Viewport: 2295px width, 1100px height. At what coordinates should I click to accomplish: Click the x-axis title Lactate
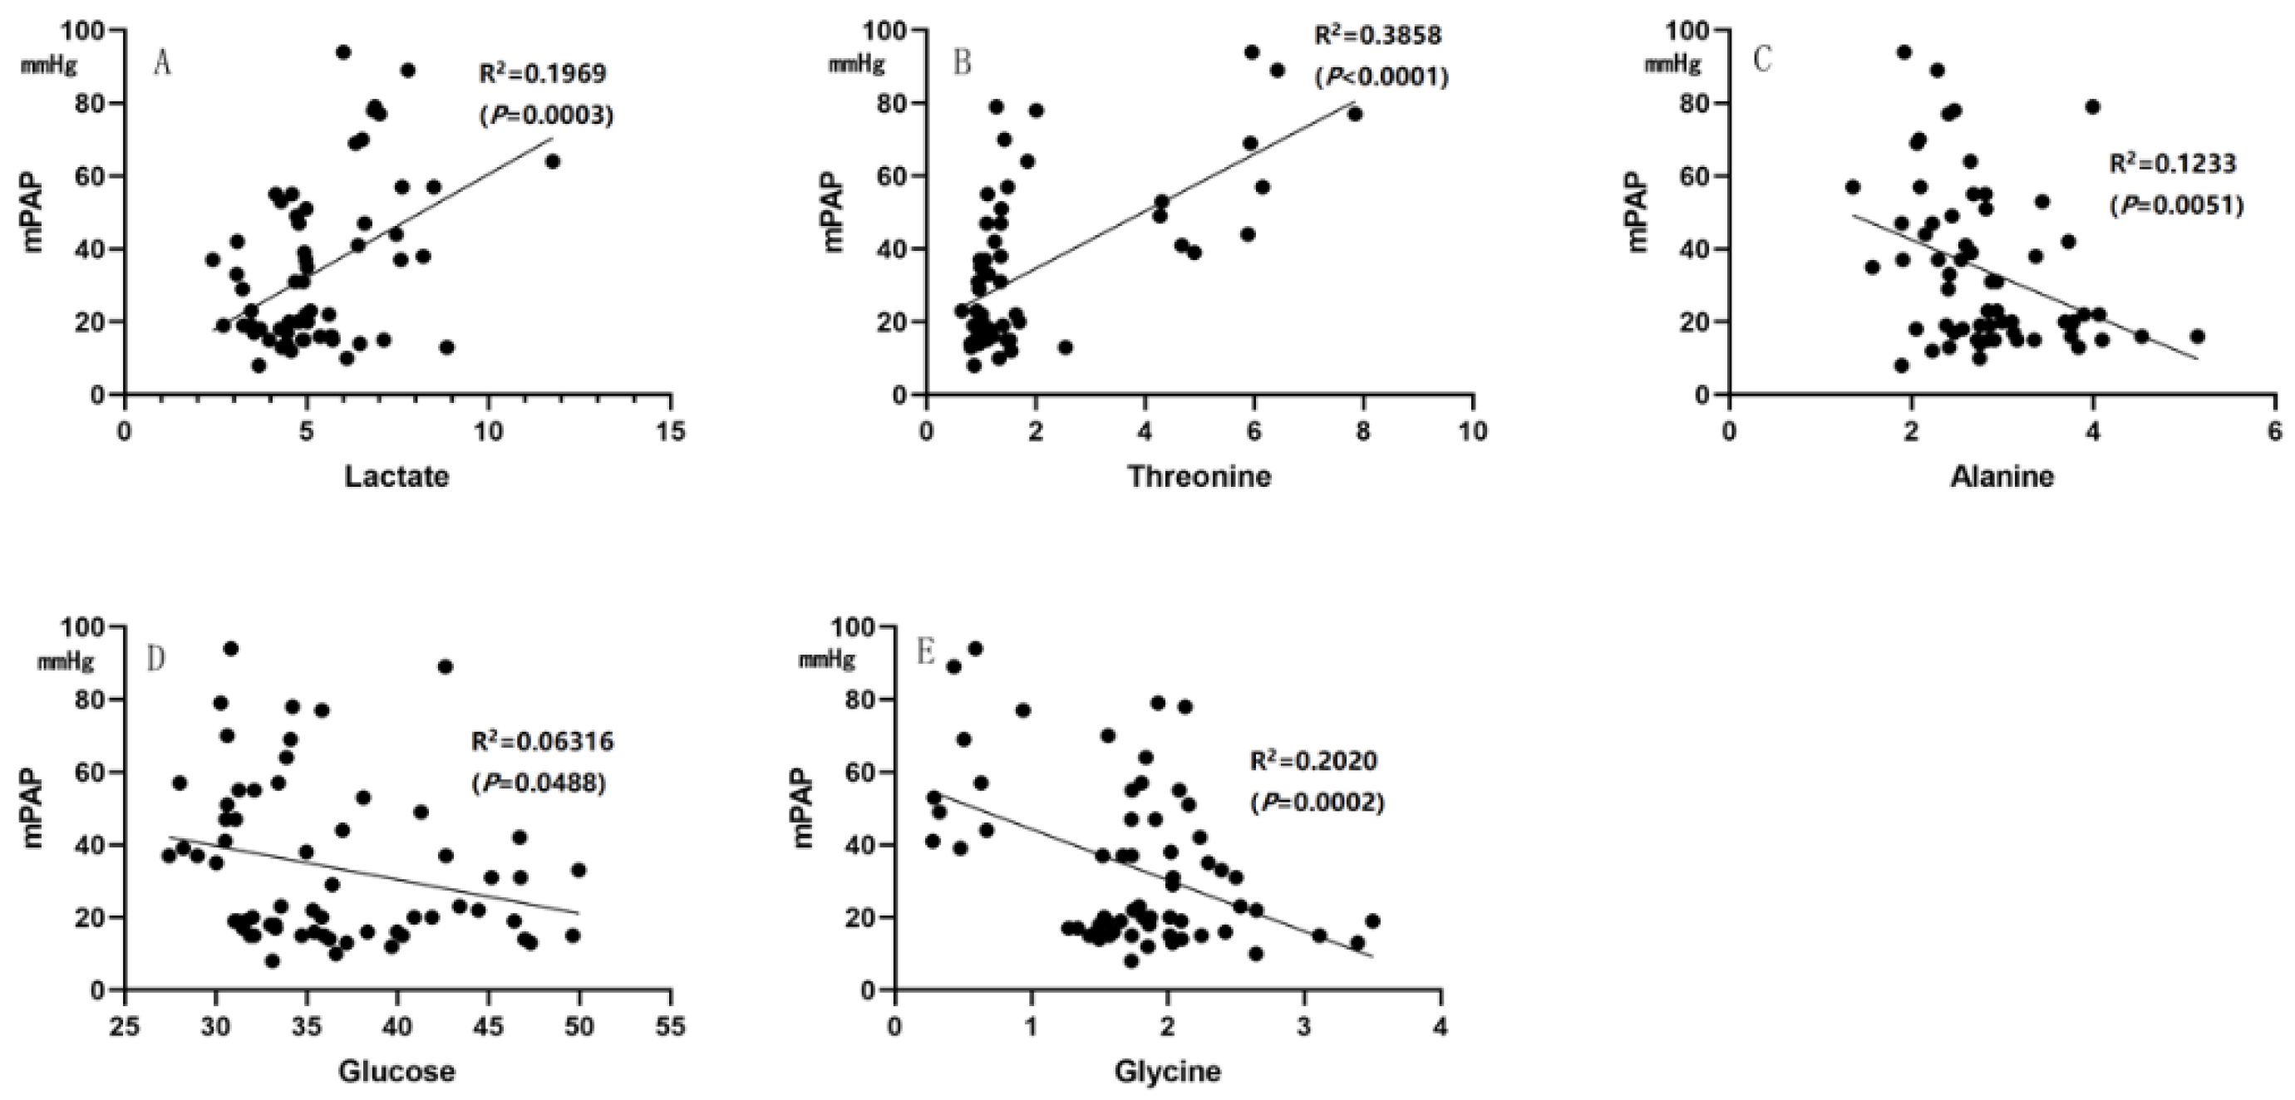tap(396, 477)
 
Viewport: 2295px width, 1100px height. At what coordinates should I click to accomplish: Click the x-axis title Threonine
tap(1199, 477)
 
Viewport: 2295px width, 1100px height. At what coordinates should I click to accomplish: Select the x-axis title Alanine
tap(2002, 477)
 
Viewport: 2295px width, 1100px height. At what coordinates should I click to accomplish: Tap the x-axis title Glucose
tap(396, 1071)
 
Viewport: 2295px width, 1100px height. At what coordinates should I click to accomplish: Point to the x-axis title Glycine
tap(1167, 1071)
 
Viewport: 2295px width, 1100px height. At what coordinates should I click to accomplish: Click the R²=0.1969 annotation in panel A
tap(543, 73)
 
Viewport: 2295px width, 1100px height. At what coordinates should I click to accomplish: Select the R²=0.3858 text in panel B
tap(1377, 36)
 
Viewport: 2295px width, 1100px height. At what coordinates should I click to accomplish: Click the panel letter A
tap(161, 63)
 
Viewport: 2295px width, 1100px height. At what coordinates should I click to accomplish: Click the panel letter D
tap(156, 658)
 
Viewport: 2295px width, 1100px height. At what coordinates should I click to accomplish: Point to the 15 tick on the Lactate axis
tap(670, 432)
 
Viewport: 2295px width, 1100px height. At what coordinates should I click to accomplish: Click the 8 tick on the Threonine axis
tap(1362, 432)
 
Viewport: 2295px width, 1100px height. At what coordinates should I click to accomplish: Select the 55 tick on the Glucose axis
tap(670, 1026)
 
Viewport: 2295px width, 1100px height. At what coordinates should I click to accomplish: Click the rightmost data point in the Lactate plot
tap(553, 161)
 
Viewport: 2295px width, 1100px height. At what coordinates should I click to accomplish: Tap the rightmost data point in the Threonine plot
tap(1355, 114)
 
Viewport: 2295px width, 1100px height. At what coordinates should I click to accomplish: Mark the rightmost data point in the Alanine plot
tap(2197, 336)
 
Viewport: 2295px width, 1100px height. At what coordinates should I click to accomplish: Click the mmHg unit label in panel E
tap(826, 660)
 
